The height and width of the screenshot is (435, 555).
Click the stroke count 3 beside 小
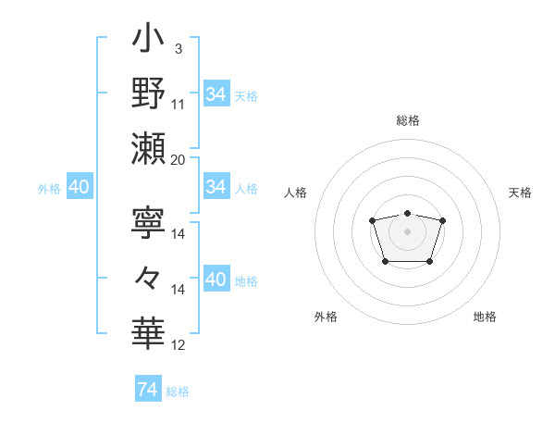tap(178, 48)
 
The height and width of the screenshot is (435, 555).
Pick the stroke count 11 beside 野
tap(179, 104)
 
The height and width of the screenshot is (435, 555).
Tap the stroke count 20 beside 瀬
tap(179, 159)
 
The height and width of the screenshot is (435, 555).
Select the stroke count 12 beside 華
tap(179, 345)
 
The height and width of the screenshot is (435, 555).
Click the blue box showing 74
tap(147, 391)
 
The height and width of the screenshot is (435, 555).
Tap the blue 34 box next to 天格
tap(216, 93)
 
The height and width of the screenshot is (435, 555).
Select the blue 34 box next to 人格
tap(216, 188)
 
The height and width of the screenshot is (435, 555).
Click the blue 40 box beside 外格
tap(79, 188)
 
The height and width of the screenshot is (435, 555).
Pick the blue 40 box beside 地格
tap(216, 280)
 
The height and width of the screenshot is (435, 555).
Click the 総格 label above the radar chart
tap(407, 120)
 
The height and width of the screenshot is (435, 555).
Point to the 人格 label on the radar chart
tap(296, 193)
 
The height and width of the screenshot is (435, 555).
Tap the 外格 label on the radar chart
tap(326, 317)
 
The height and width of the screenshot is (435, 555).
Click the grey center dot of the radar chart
tap(407, 230)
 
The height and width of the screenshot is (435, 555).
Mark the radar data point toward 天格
tap(442, 220)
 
